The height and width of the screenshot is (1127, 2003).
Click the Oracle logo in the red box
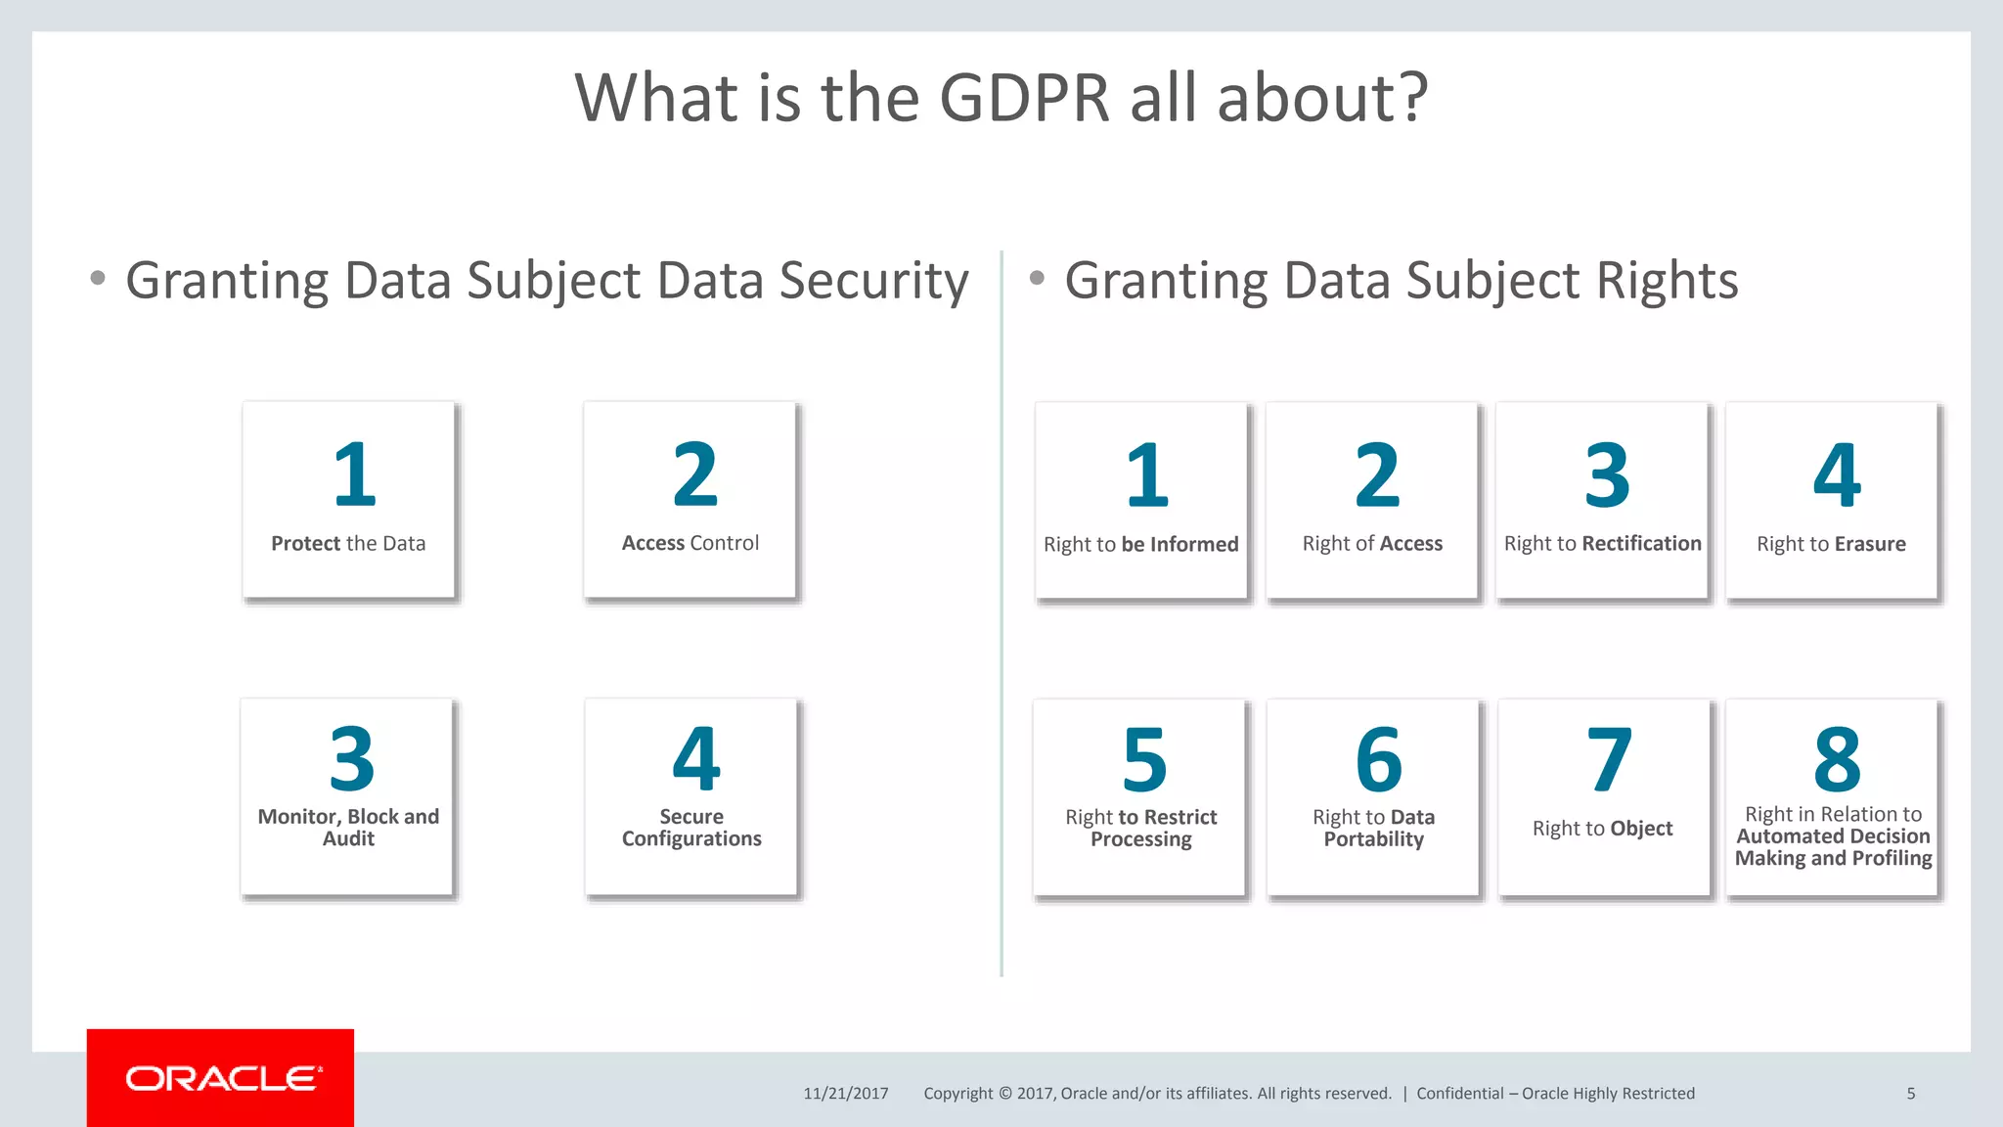point(222,1078)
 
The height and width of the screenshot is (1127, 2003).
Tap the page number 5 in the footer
point(1910,1094)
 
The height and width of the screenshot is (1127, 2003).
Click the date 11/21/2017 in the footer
point(846,1094)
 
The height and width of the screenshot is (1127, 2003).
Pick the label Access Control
point(690,543)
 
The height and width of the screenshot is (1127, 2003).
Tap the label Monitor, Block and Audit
point(348,828)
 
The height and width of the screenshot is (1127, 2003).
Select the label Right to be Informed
point(1140,544)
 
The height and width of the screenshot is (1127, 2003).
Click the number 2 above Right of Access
point(1377,475)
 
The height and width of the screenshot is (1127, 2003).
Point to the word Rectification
point(1642,543)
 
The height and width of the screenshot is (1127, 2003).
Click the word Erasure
point(1870,544)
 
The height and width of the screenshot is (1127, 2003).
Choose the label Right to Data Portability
point(1373,828)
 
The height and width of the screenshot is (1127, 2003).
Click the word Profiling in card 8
point(1892,858)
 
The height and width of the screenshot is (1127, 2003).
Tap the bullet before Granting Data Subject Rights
point(1037,279)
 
